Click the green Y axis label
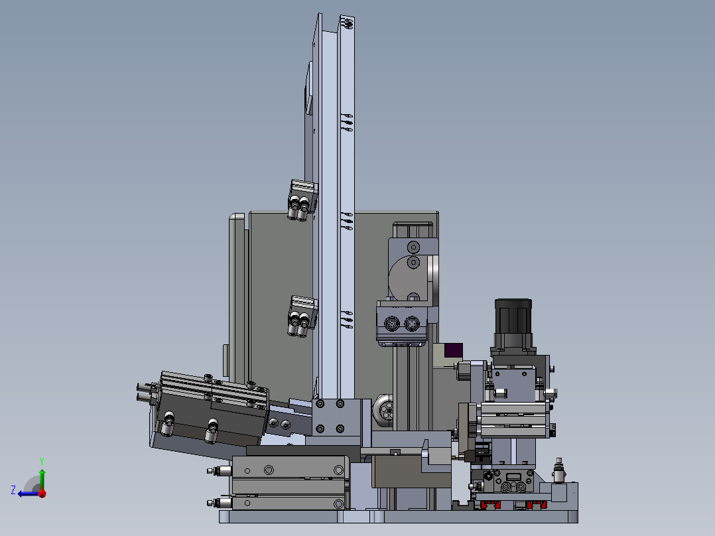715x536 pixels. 42,462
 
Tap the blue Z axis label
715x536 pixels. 13,490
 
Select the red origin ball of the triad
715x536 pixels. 42,493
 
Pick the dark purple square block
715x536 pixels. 453,350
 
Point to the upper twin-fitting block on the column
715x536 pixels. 302,200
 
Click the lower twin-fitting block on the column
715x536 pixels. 302,316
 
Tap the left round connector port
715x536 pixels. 392,324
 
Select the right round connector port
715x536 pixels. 412,324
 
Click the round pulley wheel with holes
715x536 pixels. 384,411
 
